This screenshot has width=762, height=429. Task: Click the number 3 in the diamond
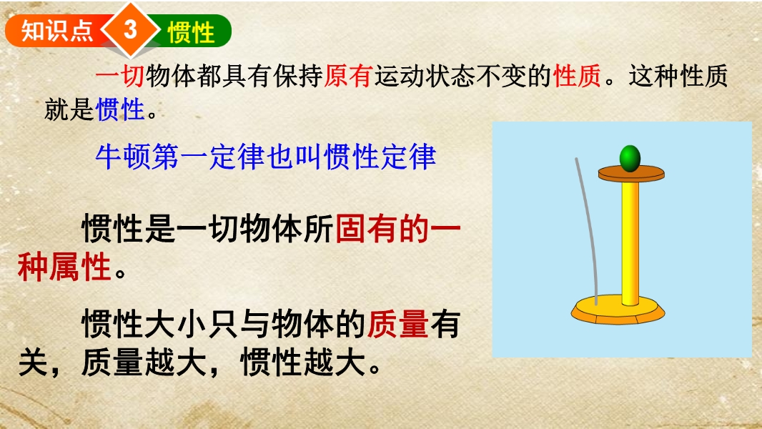[x=130, y=29]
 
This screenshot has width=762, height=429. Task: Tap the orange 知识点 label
[x=57, y=31]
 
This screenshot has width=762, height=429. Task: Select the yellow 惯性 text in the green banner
[x=191, y=32]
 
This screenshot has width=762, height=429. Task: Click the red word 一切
[x=120, y=76]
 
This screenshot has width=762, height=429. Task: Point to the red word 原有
[x=348, y=76]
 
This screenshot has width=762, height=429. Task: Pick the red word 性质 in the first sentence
[x=578, y=76]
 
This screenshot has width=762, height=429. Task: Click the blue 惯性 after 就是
[x=120, y=109]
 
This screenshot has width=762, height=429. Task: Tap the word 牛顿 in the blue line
[x=123, y=157]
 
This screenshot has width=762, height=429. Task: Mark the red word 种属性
[x=64, y=267]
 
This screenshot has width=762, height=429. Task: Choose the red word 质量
[x=397, y=324]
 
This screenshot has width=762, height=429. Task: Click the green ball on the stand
[x=630, y=158]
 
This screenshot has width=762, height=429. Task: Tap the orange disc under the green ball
[x=630, y=174]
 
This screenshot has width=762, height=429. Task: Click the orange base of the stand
[x=618, y=310]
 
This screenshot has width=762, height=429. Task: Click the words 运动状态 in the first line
[x=424, y=76]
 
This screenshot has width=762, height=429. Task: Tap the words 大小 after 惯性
[x=207, y=324]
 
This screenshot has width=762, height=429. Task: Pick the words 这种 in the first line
[x=653, y=76]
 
